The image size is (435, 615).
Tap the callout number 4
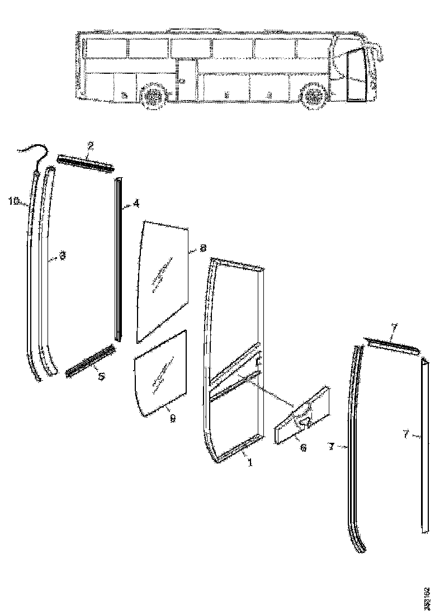135,205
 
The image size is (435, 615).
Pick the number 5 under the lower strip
101,377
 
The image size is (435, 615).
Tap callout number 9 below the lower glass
172,418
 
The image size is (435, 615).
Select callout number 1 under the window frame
249,463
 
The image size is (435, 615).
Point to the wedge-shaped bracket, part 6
302,417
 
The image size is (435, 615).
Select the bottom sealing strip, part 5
91,361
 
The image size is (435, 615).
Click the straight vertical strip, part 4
118,257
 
